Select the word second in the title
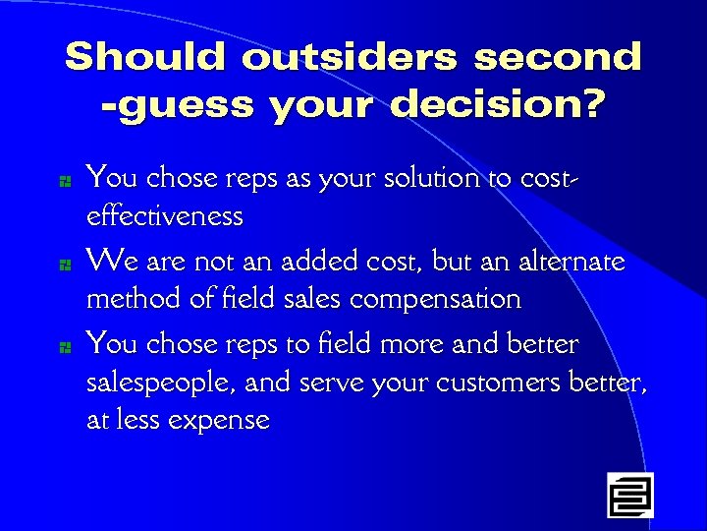tap(557, 57)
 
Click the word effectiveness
tap(165, 215)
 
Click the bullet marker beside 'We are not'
tap(63, 265)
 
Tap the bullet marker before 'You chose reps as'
tap(63, 181)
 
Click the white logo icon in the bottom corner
tap(629, 495)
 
